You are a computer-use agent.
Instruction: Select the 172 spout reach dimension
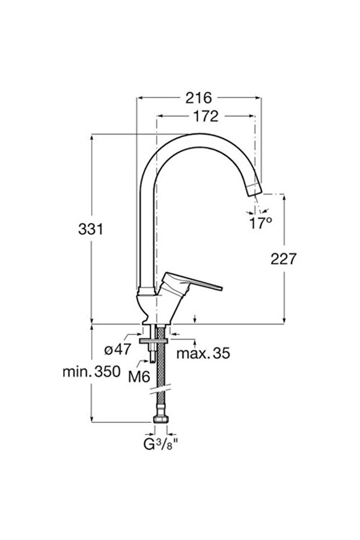(x=205, y=116)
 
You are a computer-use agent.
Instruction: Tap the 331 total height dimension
(x=91, y=229)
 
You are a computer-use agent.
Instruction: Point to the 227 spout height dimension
(x=283, y=259)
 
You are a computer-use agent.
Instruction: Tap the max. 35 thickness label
(x=203, y=353)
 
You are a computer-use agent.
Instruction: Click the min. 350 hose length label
(x=91, y=371)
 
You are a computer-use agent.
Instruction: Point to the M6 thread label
(x=139, y=376)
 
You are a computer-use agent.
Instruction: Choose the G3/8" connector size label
(x=162, y=445)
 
